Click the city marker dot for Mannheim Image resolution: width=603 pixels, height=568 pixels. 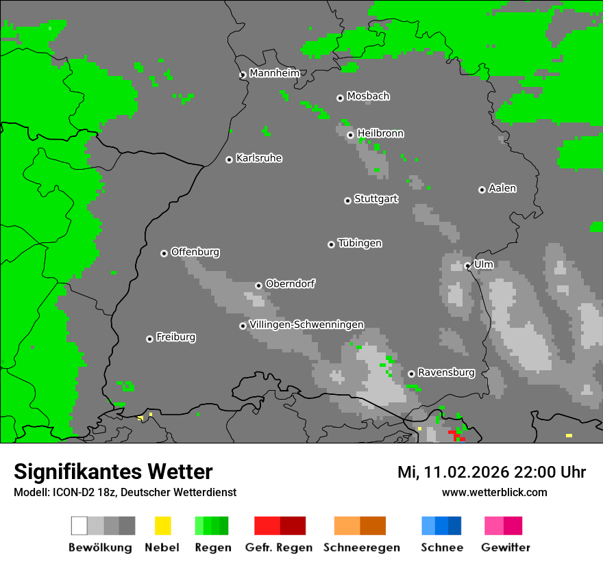click(x=243, y=75)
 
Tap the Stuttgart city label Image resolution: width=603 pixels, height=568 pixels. click(x=376, y=199)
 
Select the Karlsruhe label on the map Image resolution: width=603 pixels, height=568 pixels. click(x=258, y=159)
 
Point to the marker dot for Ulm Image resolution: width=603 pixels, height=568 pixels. click(x=467, y=266)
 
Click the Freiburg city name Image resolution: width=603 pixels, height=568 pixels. click(x=175, y=337)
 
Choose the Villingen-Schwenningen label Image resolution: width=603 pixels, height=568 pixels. click(x=306, y=324)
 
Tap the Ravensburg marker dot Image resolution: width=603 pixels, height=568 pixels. click(x=411, y=374)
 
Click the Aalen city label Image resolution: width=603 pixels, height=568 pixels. click(x=502, y=188)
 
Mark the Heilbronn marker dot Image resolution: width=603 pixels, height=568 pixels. click(x=350, y=135)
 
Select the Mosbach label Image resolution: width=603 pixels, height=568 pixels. click(x=368, y=96)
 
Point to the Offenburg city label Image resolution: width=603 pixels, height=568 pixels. click(x=195, y=252)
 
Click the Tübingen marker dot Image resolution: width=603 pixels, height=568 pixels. click(x=331, y=244)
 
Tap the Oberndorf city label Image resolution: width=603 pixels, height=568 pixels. click(x=290, y=284)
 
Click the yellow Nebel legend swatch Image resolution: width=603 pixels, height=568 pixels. click(x=162, y=526)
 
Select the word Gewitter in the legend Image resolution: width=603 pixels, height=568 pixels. click(x=506, y=547)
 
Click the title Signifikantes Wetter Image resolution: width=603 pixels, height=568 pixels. click(x=113, y=472)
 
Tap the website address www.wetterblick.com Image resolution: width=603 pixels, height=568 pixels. click(x=494, y=492)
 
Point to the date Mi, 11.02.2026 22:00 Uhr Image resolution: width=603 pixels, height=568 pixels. click(x=491, y=472)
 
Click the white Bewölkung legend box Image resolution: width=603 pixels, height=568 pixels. click(x=79, y=526)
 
